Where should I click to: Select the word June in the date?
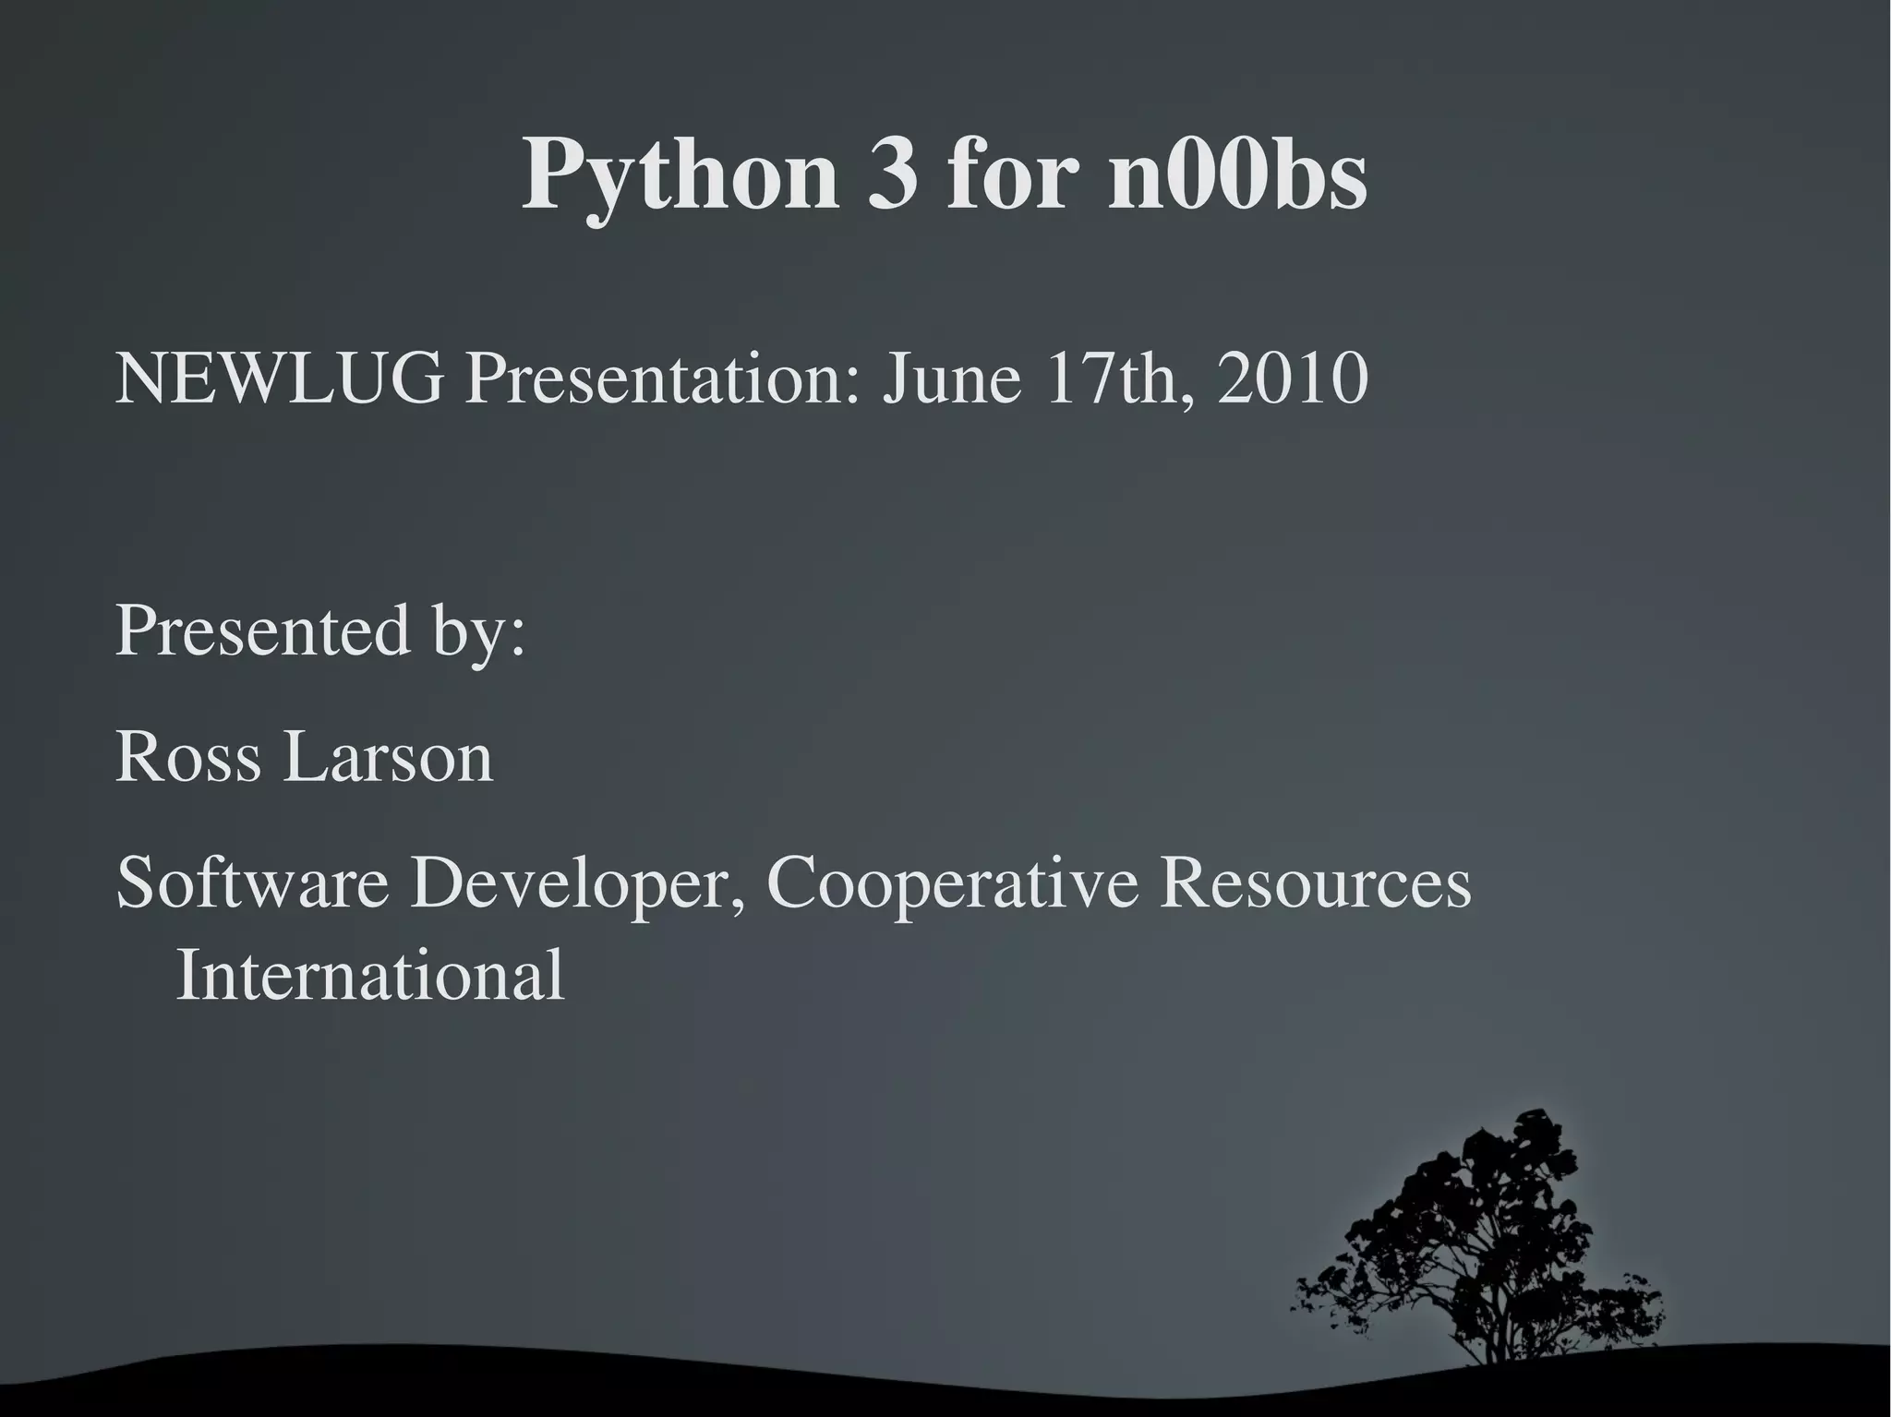(952, 378)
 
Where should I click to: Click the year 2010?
(1292, 378)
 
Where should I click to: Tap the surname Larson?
(388, 757)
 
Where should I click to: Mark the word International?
(369, 975)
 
